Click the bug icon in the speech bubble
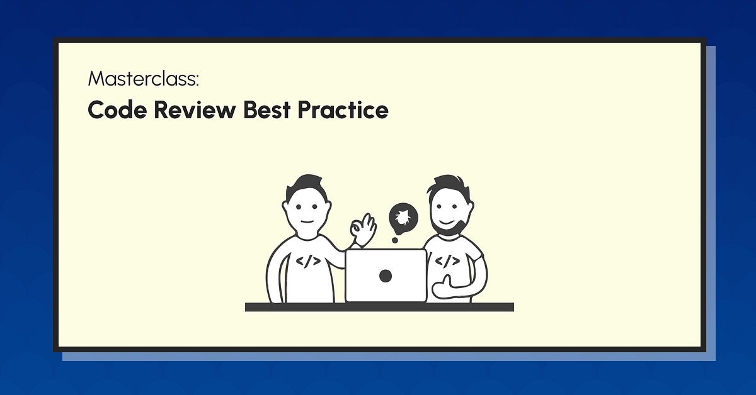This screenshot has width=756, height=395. [x=401, y=218]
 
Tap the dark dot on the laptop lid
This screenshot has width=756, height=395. [x=386, y=275]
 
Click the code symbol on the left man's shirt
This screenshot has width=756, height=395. [x=308, y=260]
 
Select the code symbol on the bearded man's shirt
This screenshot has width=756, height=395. [x=447, y=260]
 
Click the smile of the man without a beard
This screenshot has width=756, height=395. [x=307, y=221]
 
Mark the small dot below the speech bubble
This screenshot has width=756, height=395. [x=395, y=240]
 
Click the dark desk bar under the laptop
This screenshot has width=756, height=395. [x=379, y=307]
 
